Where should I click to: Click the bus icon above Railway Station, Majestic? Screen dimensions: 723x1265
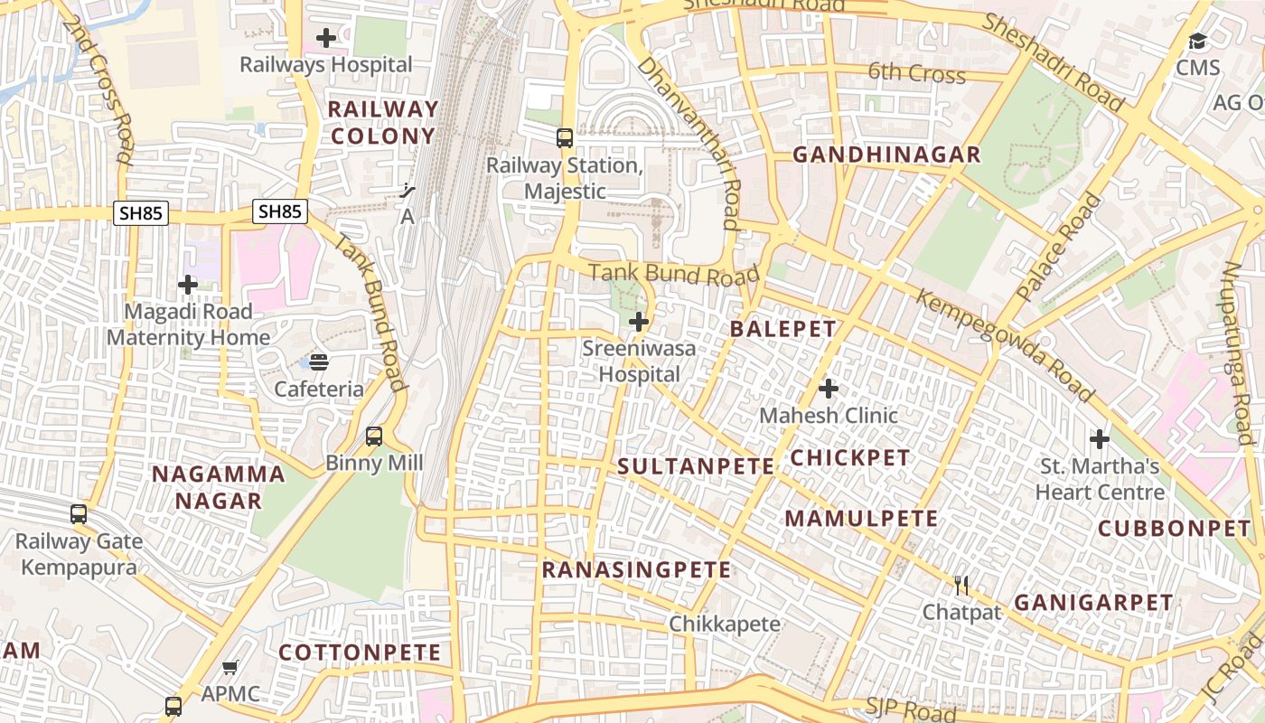(565, 138)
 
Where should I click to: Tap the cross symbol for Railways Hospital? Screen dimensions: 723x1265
(326, 38)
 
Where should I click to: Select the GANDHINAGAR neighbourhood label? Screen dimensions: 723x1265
(886, 155)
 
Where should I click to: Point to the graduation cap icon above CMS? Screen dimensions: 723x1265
(1197, 41)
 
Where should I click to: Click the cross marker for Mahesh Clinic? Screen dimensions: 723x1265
(828, 389)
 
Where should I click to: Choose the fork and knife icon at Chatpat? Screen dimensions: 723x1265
(961, 586)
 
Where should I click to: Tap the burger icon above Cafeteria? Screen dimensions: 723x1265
(319, 362)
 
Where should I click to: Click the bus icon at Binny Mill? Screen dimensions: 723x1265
(374, 437)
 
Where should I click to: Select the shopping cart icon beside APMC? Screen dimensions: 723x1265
(230, 668)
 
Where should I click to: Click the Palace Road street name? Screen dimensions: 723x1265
(1059, 247)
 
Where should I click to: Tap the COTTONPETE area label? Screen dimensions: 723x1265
(360, 653)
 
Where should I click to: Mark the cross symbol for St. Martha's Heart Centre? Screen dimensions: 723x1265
(1099, 440)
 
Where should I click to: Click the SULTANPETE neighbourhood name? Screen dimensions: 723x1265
(696, 466)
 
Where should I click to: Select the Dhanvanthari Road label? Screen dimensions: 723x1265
(689, 143)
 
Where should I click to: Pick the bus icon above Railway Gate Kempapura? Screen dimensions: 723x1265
(79, 514)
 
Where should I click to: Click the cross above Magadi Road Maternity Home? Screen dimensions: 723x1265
(187, 286)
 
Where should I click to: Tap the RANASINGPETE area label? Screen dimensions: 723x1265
(636, 570)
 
